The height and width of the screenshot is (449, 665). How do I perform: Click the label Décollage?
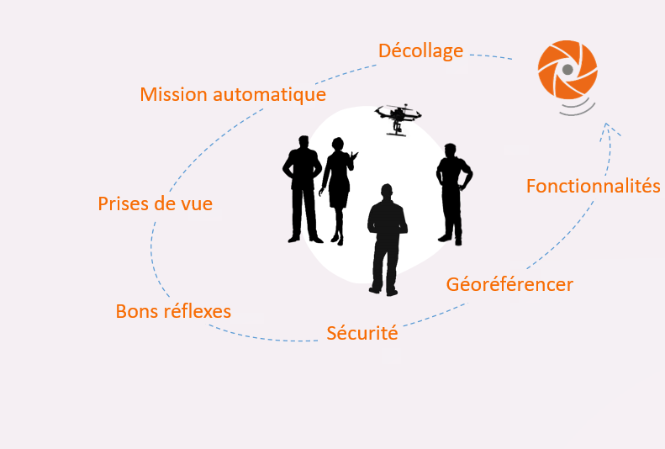(x=420, y=51)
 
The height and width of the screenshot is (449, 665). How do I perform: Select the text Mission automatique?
(x=233, y=94)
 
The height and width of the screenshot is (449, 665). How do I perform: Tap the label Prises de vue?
(x=156, y=203)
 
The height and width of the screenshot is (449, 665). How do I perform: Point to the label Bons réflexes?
(x=173, y=311)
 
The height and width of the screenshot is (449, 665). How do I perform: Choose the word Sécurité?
(x=362, y=333)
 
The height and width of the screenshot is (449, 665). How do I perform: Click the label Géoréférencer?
(x=509, y=284)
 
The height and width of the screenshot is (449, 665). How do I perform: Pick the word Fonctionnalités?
(x=593, y=186)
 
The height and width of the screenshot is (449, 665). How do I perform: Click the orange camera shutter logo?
(x=567, y=70)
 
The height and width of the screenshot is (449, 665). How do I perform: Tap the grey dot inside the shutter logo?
(x=567, y=70)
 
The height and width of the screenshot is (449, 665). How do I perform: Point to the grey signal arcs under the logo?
(x=578, y=108)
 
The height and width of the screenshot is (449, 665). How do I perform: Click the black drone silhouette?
(x=398, y=119)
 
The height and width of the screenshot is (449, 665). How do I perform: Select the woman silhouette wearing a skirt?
(x=338, y=191)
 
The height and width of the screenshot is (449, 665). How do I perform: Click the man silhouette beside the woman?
(x=303, y=189)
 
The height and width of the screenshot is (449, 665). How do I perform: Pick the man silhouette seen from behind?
(x=388, y=240)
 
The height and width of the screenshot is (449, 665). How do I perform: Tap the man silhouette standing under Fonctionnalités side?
(x=454, y=194)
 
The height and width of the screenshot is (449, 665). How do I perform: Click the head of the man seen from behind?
(x=387, y=192)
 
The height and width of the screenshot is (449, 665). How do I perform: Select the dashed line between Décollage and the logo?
(x=491, y=56)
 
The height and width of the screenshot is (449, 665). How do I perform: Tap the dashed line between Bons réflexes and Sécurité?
(x=263, y=338)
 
